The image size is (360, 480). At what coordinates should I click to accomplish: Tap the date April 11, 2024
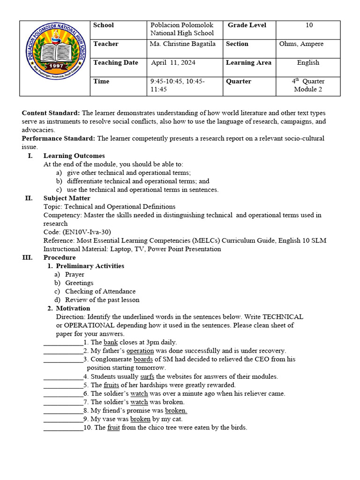[x=173, y=63]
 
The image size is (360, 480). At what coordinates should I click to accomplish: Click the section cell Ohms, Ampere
[x=301, y=44]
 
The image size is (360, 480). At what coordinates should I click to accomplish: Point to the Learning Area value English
[x=308, y=63]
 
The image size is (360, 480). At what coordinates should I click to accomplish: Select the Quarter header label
[x=239, y=82]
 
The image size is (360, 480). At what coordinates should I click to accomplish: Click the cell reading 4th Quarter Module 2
[x=308, y=85]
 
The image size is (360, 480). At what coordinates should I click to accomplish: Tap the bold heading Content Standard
[x=52, y=113]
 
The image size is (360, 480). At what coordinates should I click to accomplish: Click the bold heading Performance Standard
[x=59, y=138]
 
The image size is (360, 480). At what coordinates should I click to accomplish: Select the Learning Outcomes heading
[x=74, y=156]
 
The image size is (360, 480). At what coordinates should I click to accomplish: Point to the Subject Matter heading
[x=67, y=198]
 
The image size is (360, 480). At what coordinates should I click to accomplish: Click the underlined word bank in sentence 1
[x=111, y=342]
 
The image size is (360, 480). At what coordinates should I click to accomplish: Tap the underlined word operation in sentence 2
[x=140, y=351]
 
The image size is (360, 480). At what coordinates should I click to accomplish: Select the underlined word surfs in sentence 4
[x=147, y=376]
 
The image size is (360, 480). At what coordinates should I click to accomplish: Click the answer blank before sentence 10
[x=63, y=427]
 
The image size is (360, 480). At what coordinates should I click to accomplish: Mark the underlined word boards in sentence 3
[x=143, y=360]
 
